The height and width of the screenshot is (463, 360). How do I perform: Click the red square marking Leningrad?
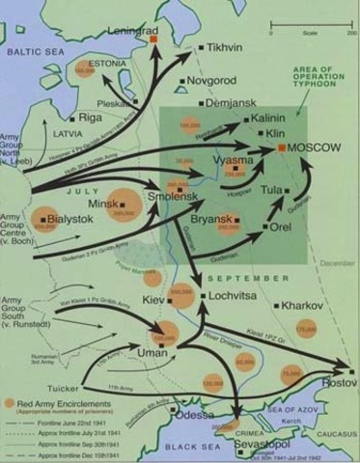pyautogui.click(x=152, y=40)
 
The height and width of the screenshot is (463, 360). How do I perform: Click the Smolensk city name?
pyautogui.click(x=175, y=197)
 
